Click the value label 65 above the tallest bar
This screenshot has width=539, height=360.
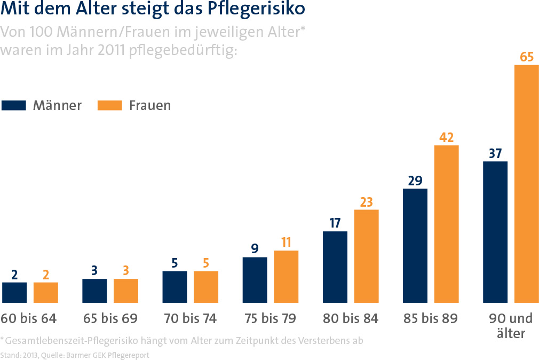(x=526, y=57)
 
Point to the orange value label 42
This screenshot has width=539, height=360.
(x=446, y=137)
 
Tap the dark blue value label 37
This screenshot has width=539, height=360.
(x=495, y=154)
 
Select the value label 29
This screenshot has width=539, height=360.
(x=415, y=181)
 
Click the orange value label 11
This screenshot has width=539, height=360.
(x=286, y=242)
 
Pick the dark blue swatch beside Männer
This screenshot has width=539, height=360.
(x=14, y=105)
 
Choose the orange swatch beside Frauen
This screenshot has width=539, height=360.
(x=110, y=105)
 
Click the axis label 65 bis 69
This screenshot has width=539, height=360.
(x=110, y=319)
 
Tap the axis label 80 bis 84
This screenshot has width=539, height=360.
(x=351, y=319)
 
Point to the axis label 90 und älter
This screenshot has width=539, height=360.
(x=511, y=326)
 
